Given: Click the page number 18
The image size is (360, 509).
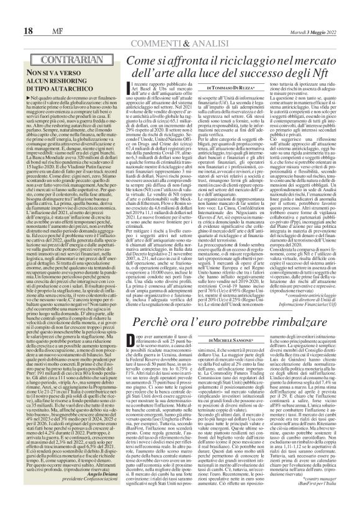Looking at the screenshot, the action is (11, 14).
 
